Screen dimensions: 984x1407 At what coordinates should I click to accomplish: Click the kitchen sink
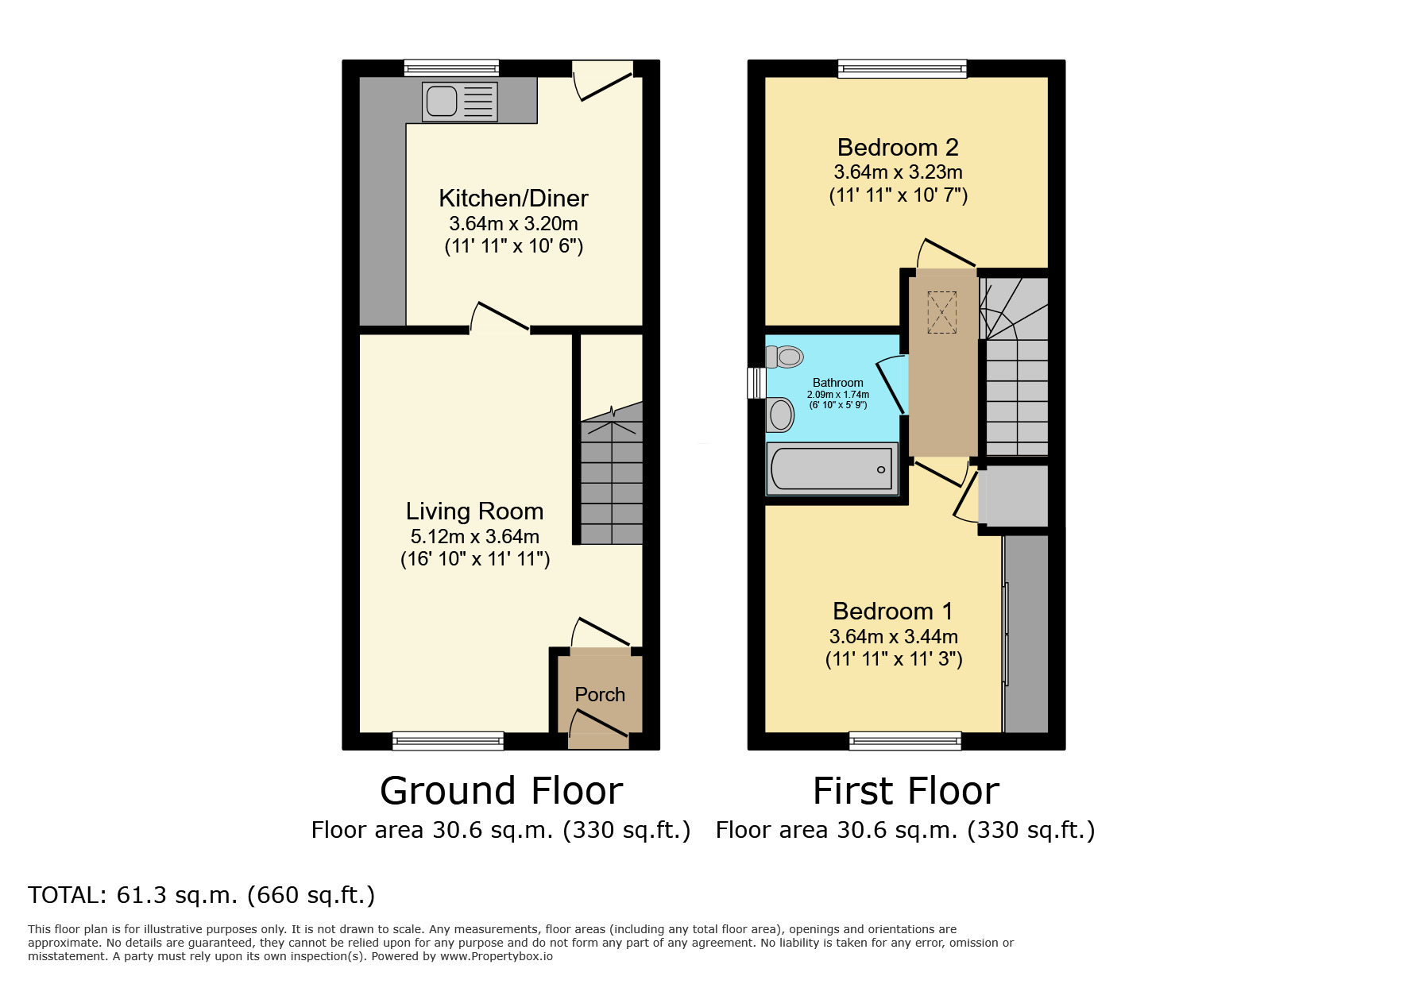tap(459, 102)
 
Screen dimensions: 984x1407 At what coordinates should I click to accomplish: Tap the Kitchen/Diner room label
tap(513, 199)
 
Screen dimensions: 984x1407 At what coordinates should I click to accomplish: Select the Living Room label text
tap(474, 511)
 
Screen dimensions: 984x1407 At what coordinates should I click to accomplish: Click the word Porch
tap(600, 695)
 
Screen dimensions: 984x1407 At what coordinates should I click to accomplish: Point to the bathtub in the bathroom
tap(831, 469)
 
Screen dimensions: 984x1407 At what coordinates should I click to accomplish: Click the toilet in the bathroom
tap(785, 357)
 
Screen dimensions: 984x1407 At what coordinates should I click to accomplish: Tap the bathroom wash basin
tap(781, 415)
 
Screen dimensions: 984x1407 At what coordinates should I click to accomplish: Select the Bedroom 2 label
tap(898, 148)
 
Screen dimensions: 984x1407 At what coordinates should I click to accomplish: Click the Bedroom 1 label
tap(892, 612)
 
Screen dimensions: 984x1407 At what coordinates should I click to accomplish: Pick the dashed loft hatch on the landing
tap(941, 312)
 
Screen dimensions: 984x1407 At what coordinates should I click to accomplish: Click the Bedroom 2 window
tap(902, 69)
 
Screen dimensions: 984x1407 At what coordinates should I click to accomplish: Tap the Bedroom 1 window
tap(905, 741)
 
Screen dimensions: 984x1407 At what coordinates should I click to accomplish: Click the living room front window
tap(448, 741)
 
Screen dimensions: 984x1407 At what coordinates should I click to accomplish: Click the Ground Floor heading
tap(501, 792)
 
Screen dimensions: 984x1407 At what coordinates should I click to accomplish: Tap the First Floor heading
tap(906, 792)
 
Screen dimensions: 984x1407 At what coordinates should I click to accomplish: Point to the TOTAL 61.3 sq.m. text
tap(201, 896)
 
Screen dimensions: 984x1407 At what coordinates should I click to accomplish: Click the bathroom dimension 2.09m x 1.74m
tap(837, 395)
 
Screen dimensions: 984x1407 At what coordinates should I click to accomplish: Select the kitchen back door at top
tap(604, 83)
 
